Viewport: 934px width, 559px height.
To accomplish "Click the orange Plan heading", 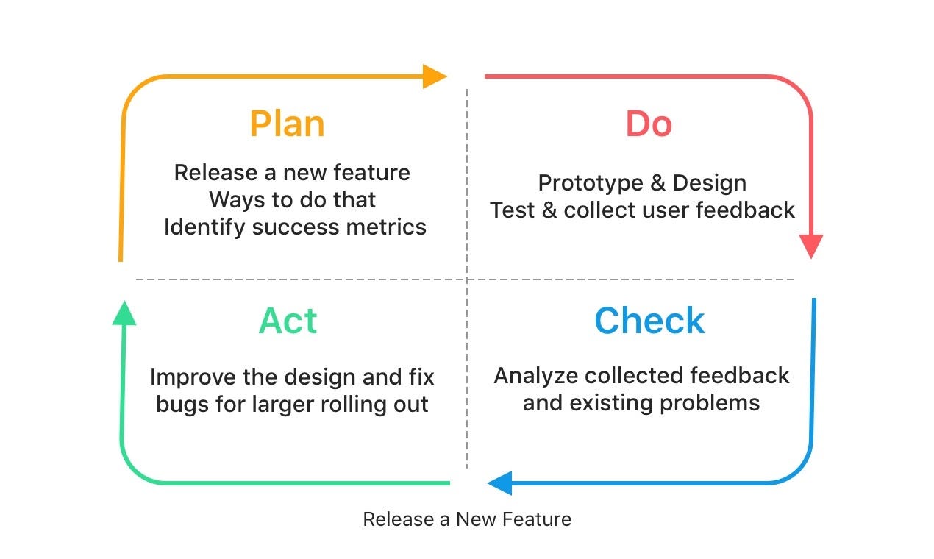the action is (287, 124).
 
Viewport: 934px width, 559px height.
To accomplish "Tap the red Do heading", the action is (649, 124).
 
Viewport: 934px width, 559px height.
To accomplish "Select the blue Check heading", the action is (649, 321).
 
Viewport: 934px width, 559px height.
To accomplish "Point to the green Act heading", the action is (288, 321).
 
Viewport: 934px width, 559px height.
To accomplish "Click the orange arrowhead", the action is (435, 76).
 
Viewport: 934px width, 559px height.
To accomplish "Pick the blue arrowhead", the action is (499, 483).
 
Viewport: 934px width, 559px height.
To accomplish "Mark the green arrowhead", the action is (124, 313).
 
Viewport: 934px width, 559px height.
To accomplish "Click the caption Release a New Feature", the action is (467, 519).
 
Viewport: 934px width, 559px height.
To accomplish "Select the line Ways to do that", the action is (293, 200).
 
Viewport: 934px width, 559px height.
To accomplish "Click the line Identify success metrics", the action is (295, 227).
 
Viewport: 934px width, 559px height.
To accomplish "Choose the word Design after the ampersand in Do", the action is (711, 182).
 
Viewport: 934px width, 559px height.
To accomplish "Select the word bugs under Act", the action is (179, 405).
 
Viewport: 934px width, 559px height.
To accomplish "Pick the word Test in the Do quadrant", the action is (512, 210).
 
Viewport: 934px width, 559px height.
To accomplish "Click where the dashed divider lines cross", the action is (466, 279).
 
